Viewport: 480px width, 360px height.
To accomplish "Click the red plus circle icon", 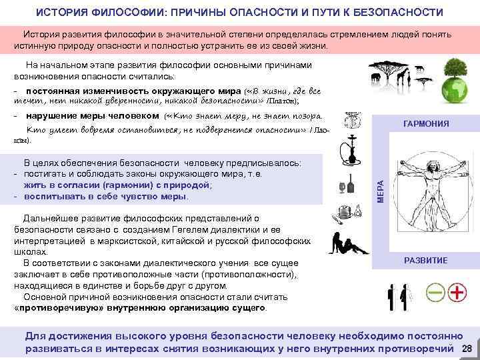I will tap(457, 292).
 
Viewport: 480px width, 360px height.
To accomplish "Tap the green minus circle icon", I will tap(435, 292).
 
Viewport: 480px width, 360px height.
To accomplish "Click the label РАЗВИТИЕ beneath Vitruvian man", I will tap(427, 260).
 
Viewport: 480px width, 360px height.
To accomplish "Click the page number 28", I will tap(467, 349).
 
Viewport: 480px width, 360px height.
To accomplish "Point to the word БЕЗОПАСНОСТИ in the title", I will tap(399, 13).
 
